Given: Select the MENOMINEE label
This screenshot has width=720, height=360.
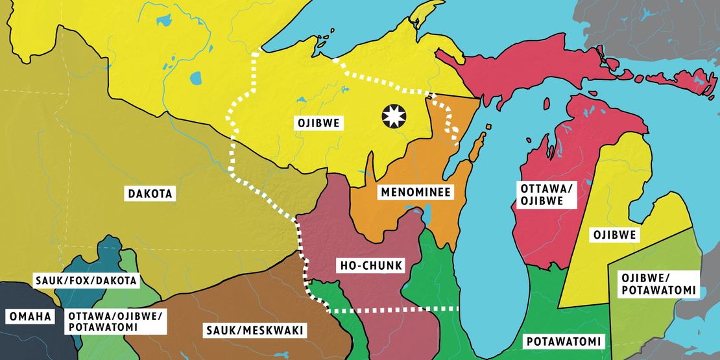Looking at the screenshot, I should [x=416, y=192].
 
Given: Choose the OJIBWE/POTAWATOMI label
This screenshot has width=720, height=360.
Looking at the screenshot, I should [x=659, y=283].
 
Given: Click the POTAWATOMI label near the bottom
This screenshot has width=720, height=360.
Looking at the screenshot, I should [x=562, y=341].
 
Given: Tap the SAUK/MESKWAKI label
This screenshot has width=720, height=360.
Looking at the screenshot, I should [x=254, y=331].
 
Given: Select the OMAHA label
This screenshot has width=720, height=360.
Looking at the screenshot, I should [x=29, y=317].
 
